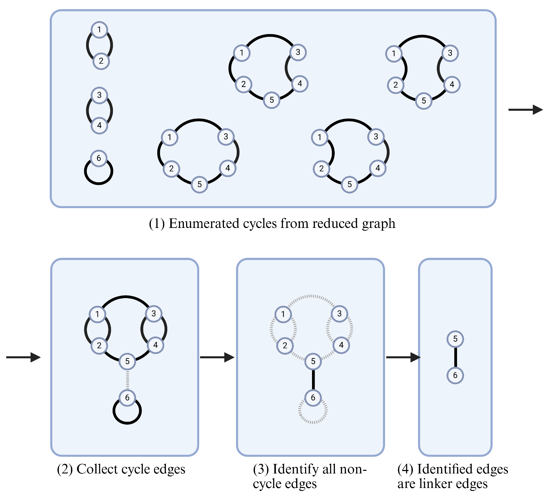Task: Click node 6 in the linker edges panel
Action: tap(455, 375)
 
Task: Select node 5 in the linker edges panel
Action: tap(455, 339)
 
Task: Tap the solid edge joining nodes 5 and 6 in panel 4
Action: tap(455, 357)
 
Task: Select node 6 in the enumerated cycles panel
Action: tap(99, 158)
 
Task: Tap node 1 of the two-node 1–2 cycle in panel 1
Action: tap(99, 29)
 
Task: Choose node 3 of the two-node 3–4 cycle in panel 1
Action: tap(99, 95)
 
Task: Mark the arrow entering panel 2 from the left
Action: tap(23, 357)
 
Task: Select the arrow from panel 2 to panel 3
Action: tap(217, 357)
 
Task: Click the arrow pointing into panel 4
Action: tap(403, 357)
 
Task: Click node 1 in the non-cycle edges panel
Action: tap(283, 314)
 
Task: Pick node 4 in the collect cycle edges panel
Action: tap(155, 345)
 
